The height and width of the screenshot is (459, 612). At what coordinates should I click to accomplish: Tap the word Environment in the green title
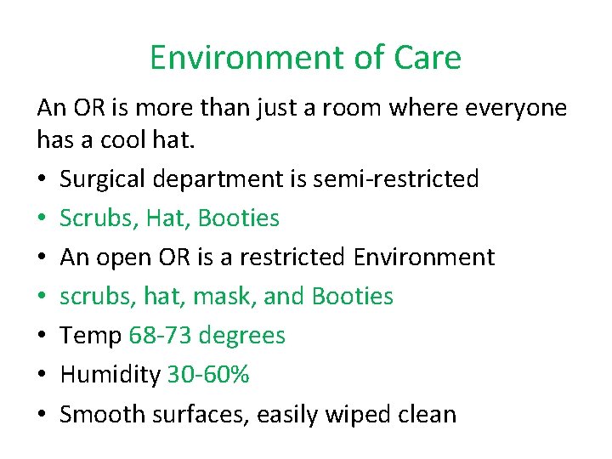[x=243, y=58]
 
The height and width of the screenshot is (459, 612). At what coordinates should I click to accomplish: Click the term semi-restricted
[x=396, y=179]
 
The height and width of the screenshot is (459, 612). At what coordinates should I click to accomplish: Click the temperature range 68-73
[x=160, y=336]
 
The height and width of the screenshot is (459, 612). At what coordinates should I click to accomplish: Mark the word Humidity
[x=110, y=375]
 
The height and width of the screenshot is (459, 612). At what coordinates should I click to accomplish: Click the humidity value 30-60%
[x=208, y=375]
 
